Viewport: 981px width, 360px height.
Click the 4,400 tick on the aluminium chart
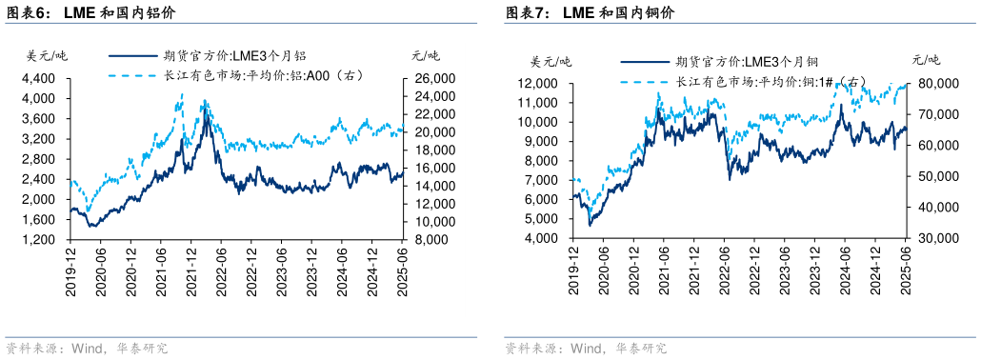click(x=38, y=78)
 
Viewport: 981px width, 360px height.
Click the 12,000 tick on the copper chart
click(x=537, y=84)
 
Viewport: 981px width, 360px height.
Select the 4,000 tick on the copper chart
click(x=541, y=237)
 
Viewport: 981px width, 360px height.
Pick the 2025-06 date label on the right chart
click(x=905, y=268)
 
